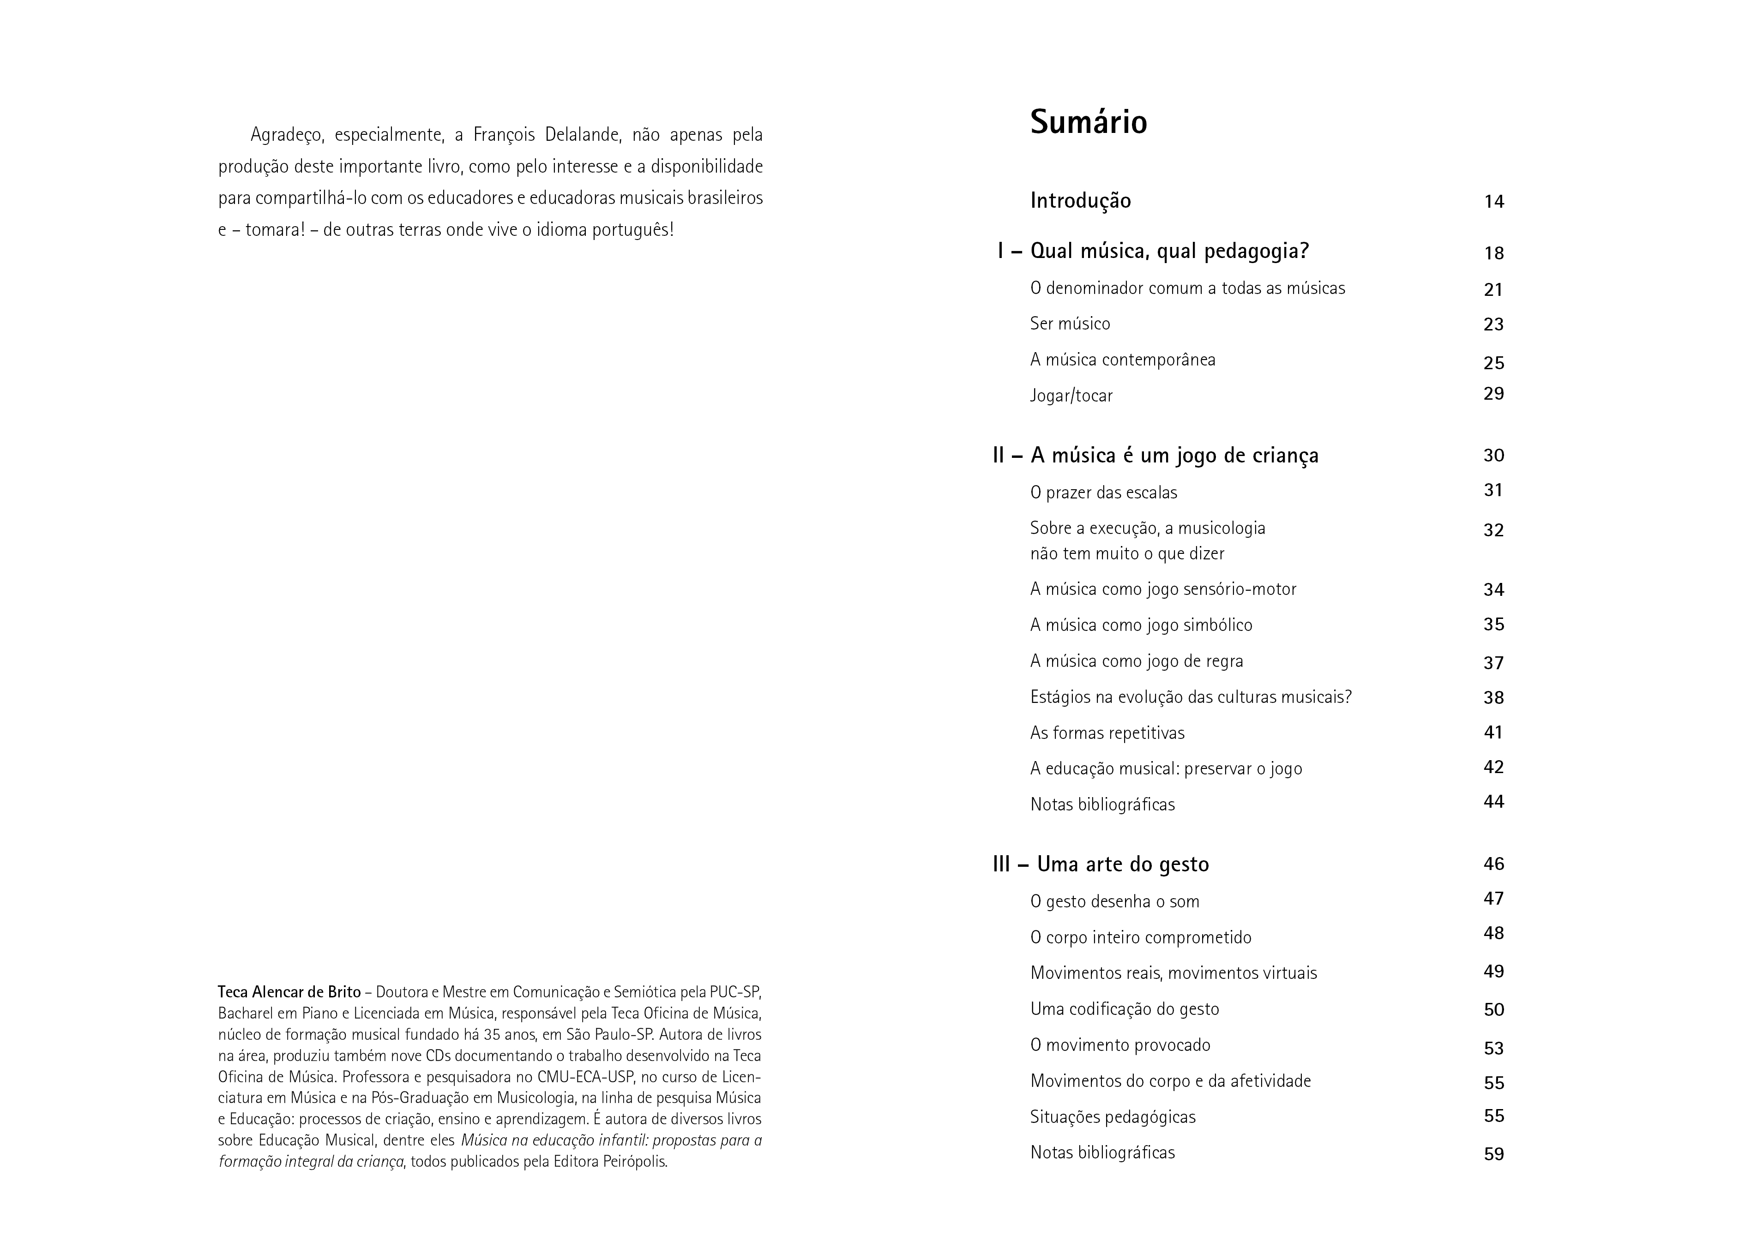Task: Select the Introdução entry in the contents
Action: coord(1080,201)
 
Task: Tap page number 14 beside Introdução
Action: coord(1493,202)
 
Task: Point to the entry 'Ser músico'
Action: coord(1070,324)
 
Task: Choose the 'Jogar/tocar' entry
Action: coord(1071,396)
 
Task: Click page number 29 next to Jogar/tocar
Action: coord(1493,394)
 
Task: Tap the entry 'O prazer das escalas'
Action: coord(1103,492)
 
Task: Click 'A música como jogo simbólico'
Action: coord(1141,624)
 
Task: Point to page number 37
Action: coord(1493,662)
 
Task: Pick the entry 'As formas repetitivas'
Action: coord(1107,733)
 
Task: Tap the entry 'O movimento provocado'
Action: coord(1120,1045)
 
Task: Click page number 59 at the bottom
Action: coord(1493,1154)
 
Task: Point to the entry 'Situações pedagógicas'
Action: coord(1113,1116)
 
